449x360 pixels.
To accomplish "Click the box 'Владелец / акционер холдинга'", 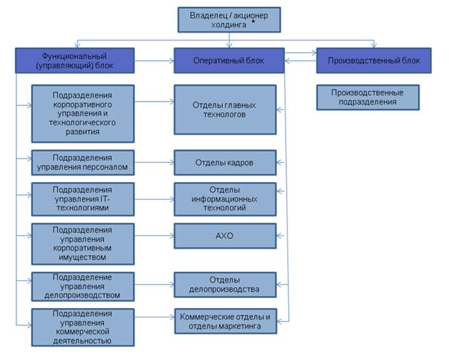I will [x=228, y=19].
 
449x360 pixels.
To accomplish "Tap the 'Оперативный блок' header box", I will [x=228, y=60].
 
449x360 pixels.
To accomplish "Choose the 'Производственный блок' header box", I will [x=374, y=60].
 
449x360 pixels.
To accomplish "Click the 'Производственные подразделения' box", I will [x=367, y=97].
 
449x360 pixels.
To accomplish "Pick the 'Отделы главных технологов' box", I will [x=225, y=110].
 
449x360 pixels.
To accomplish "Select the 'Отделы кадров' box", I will [x=225, y=162].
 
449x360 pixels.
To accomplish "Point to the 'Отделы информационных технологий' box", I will [x=225, y=200].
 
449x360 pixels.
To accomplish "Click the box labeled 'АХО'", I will [x=225, y=235].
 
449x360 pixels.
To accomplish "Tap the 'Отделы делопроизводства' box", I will [x=225, y=285].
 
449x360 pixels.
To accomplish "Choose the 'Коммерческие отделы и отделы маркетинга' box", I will [x=225, y=322].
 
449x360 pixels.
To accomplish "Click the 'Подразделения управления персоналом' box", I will [x=83, y=162].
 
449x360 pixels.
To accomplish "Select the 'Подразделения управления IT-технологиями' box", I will [x=83, y=200].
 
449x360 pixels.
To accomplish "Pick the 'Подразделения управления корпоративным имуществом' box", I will [x=83, y=242].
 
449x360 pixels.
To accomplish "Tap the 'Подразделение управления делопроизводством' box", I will [x=83, y=285].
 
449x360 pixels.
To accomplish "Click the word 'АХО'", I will [x=225, y=235].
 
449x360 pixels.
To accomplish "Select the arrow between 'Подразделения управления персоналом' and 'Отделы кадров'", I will [x=154, y=162].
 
